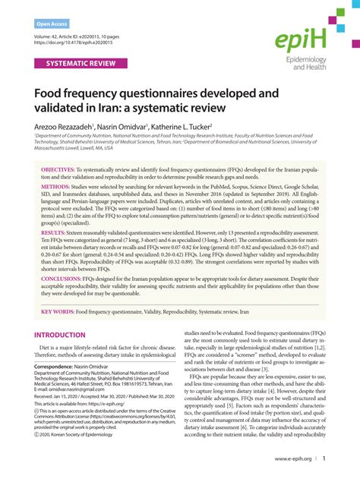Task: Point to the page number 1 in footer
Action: tap(324, 460)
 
